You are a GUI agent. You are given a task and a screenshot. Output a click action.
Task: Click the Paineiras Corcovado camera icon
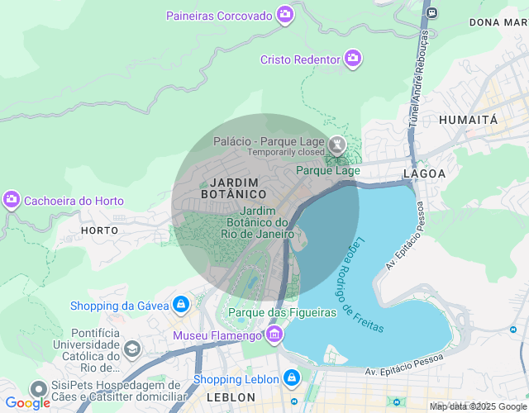click(285, 15)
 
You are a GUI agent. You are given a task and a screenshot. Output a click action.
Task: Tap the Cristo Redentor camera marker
click(353, 59)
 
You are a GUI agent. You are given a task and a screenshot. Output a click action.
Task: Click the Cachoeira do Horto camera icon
click(12, 200)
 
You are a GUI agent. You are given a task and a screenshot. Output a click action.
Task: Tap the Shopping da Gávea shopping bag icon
click(180, 305)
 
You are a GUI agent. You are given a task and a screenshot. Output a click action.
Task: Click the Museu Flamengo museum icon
click(274, 335)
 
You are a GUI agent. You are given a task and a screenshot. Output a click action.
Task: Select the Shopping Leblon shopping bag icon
click(291, 378)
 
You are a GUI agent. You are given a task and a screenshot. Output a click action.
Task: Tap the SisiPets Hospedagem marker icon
click(38, 389)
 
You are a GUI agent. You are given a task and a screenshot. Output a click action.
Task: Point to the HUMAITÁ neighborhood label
click(469, 120)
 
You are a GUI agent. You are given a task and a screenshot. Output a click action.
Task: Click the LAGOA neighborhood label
click(424, 173)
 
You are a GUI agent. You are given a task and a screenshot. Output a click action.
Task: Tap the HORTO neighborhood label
click(98, 228)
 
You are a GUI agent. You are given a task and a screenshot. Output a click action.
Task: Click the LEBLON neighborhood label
click(231, 397)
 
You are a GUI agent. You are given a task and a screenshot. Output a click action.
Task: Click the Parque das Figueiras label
click(282, 312)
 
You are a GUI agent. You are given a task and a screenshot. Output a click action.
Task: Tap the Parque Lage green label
click(328, 170)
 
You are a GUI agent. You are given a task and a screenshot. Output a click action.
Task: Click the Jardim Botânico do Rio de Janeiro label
click(258, 222)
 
